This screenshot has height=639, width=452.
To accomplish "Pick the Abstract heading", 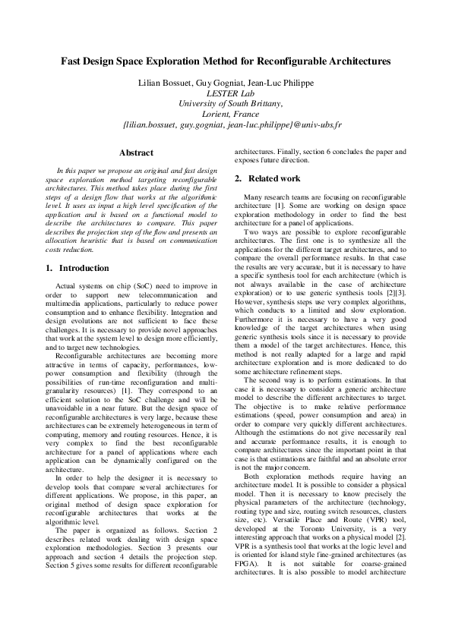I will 137,153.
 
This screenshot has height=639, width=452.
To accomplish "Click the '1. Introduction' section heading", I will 78,268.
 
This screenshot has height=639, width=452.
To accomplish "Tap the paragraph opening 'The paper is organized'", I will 87,552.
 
